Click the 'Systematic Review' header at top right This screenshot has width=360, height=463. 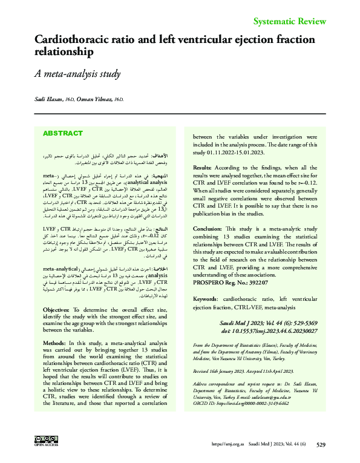pyautogui.click(x=289, y=22)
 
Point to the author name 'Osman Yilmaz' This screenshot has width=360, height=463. pyautogui.click(x=96, y=99)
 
